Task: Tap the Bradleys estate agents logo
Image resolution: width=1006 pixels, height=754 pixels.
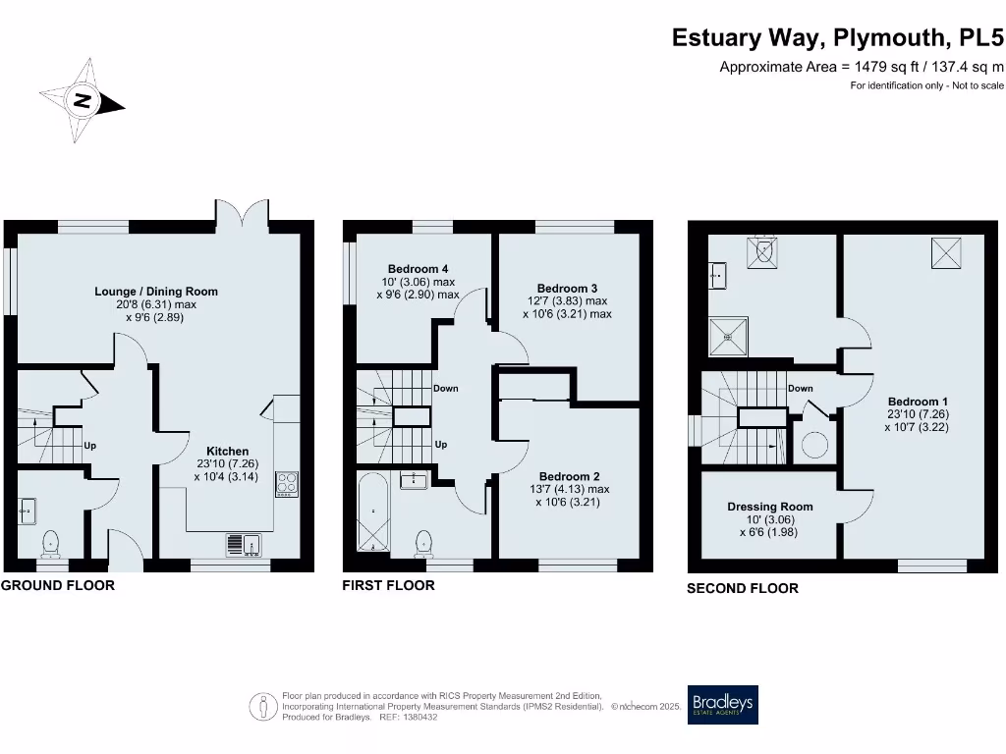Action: pyautogui.click(x=722, y=705)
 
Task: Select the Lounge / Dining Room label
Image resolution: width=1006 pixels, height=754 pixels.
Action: pyautogui.click(x=156, y=292)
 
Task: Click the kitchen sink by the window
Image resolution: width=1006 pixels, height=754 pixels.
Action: pyautogui.click(x=242, y=543)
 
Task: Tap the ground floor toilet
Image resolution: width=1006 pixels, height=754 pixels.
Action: pyautogui.click(x=51, y=543)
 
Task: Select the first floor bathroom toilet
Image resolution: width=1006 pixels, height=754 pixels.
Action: pyautogui.click(x=424, y=542)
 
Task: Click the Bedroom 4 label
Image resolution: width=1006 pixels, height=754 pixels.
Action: pyautogui.click(x=419, y=269)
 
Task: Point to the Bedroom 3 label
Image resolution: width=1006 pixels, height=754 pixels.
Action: pyautogui.click(x=567, y=288)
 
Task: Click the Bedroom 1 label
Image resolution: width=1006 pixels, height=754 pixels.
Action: pyautogui.click(x=918, y=402)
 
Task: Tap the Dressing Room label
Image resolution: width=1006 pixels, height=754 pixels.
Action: pyautogui.click(x=769, y=507)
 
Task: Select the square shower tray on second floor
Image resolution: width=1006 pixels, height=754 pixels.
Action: pyautogui.click(x=728, y=336)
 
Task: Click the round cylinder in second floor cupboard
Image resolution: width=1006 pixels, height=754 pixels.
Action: pyautogui.click(x=814, y=445)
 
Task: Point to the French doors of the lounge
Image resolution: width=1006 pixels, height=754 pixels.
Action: pyautogui.click(x=242, y=213)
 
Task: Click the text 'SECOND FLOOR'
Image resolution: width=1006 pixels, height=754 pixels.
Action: pyautogui.click(x=742, y=588)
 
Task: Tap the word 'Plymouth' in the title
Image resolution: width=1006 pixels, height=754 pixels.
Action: pyautogui.click(x=889, y=37)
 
